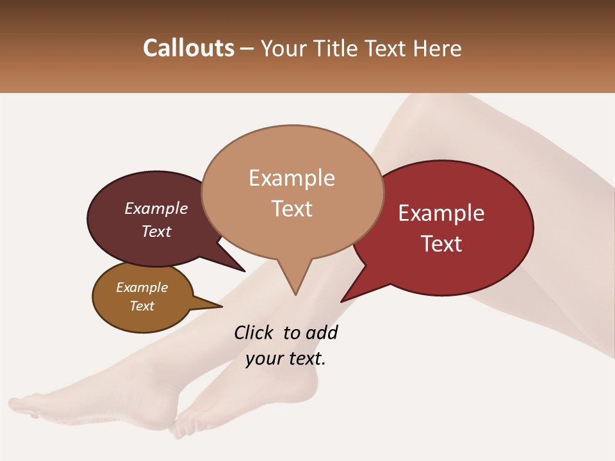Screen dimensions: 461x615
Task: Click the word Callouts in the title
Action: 188,48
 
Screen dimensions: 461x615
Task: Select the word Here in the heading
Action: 436,48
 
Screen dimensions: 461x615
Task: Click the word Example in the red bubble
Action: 441,213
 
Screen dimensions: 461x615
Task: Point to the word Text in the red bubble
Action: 441,243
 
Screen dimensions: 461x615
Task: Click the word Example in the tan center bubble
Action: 291,178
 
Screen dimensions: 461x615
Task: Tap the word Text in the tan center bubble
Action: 291,208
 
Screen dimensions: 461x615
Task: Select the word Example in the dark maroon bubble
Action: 156,208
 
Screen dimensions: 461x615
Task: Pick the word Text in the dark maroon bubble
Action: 156,231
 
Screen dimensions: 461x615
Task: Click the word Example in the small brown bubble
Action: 142,287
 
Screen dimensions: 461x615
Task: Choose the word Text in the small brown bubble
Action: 142,306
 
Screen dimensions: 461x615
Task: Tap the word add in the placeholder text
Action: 322,332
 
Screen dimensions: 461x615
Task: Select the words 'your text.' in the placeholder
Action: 286,359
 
